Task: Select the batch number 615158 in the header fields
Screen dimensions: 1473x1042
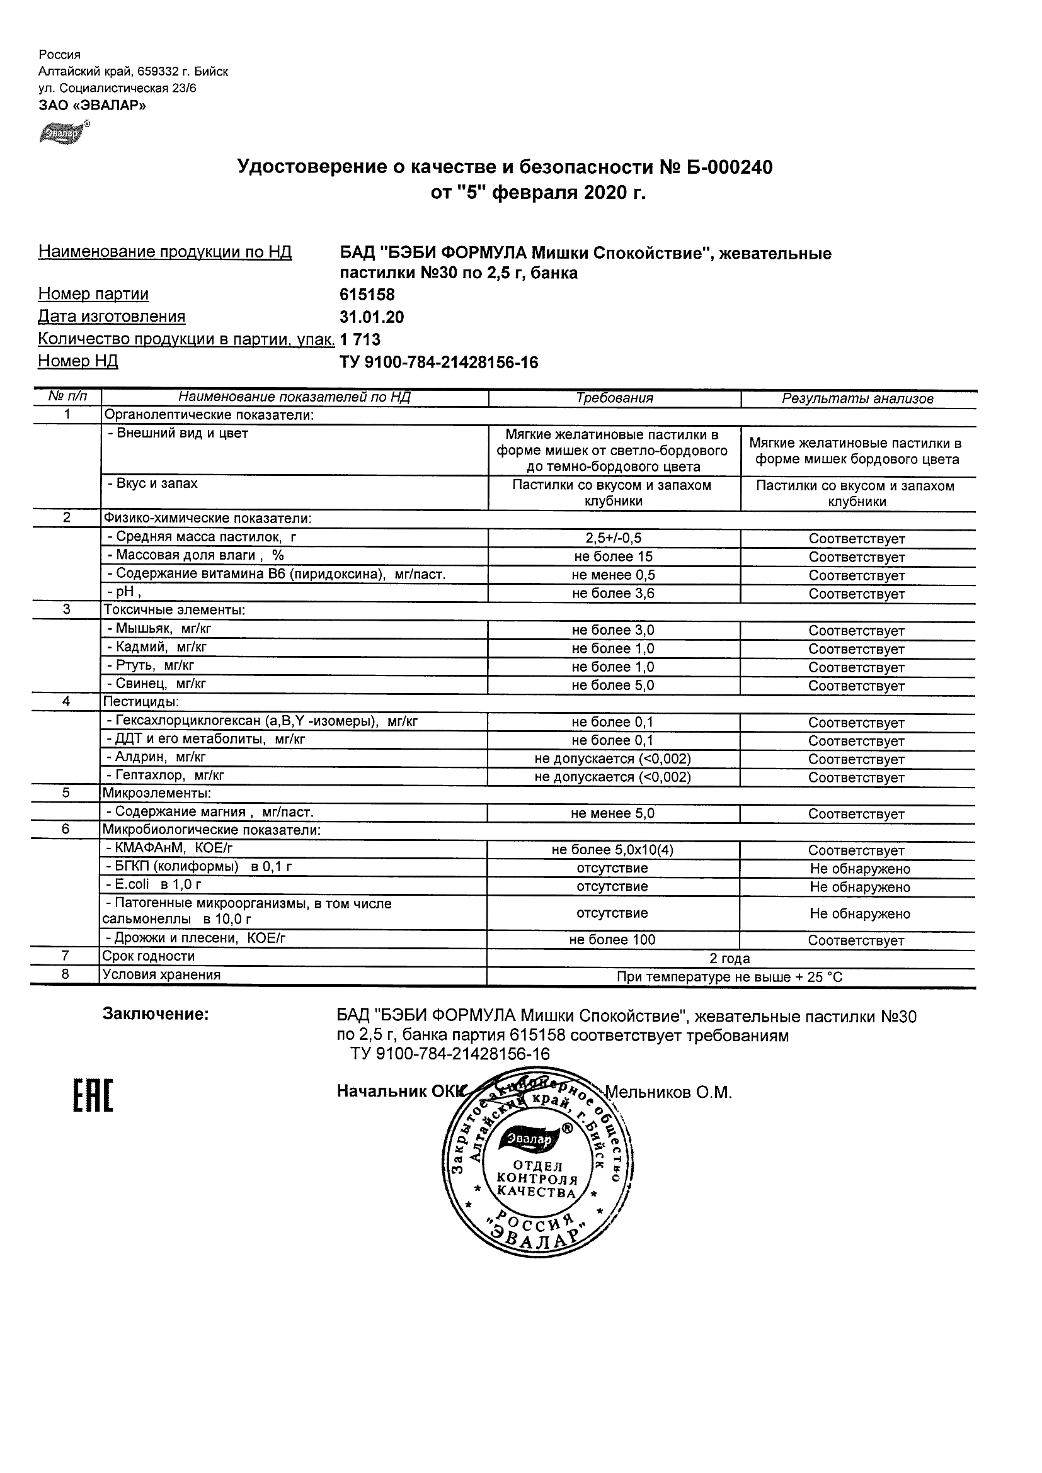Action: pos(367,295)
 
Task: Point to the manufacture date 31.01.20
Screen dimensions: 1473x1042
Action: pos(372,317)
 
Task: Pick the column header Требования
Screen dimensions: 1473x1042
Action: pos(614,398)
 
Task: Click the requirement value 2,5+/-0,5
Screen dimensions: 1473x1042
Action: pos(613,538)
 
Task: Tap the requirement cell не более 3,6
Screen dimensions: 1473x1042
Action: pos(613,594)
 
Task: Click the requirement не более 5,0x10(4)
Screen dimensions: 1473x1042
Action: pos(612,850)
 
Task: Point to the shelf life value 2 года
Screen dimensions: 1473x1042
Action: pos(730,959)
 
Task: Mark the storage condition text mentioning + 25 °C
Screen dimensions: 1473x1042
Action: pos(730,977)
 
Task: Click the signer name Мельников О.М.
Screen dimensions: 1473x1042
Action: pos(668,1093)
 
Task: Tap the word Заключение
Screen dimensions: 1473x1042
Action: pos(156,1014)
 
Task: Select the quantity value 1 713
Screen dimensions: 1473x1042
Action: pos(360,339)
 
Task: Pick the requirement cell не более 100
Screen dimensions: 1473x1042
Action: pos(612,940)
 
